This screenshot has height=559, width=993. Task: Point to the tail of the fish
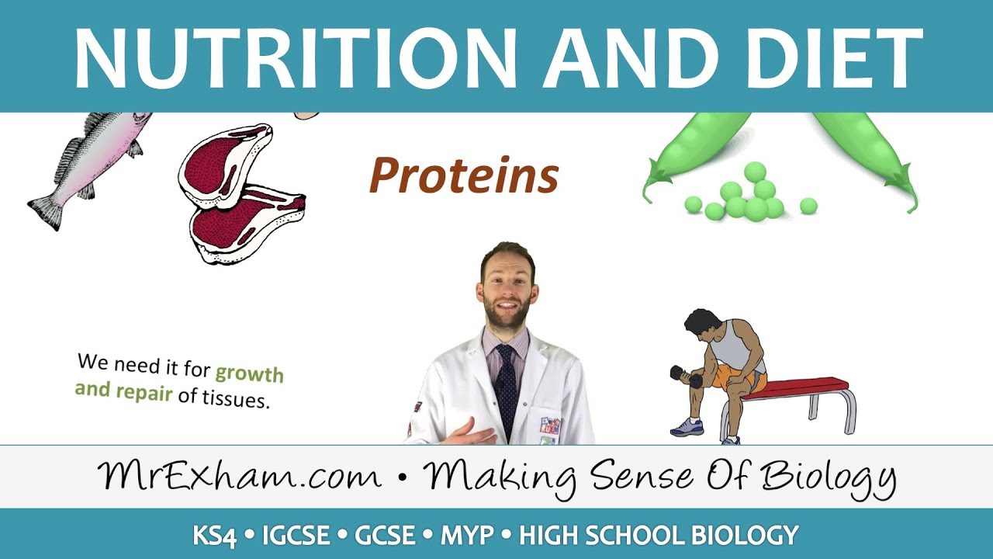[45, 209]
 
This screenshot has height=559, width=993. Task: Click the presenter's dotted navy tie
[506, 380]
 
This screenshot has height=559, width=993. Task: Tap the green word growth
[249, 373]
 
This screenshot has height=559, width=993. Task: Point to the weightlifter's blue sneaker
[688, 427]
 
